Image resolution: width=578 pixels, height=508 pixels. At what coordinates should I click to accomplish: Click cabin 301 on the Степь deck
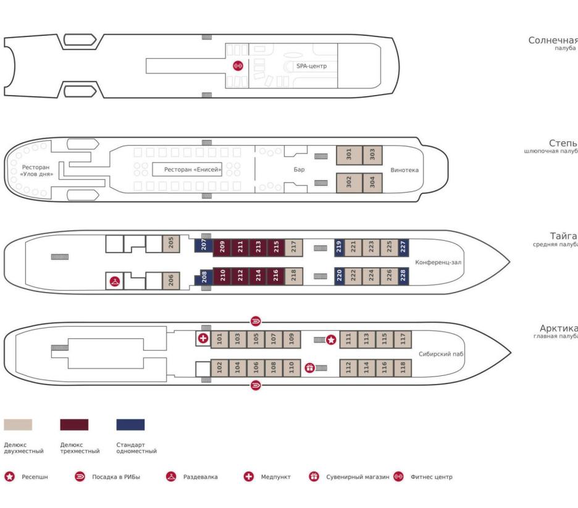(x=348, y=156)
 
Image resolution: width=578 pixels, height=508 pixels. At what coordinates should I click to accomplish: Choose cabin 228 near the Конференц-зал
(x=403, y=275)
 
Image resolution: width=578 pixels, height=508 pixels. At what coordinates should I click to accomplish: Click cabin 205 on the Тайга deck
(x=170, y=244)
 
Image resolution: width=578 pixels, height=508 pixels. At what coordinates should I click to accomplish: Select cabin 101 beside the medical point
(x=219, y=339)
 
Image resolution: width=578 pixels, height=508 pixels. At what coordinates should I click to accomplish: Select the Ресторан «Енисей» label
(x=192, y=169)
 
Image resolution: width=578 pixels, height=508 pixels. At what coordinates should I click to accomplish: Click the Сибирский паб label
(x=441, y=354)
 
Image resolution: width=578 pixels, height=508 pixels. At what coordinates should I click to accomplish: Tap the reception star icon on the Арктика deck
(x=331, y=339)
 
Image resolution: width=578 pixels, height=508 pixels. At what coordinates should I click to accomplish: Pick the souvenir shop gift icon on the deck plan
(x=310, y=368)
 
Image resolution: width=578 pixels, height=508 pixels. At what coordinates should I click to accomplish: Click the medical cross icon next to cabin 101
(x=203, y=338)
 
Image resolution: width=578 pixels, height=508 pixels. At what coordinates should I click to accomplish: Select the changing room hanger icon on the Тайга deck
(x=114, y=281)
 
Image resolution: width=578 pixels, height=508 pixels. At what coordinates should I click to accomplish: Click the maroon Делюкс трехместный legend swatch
(x=74, y=425)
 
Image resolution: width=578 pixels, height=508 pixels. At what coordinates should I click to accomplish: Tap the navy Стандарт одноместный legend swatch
(x=130, y=425)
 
